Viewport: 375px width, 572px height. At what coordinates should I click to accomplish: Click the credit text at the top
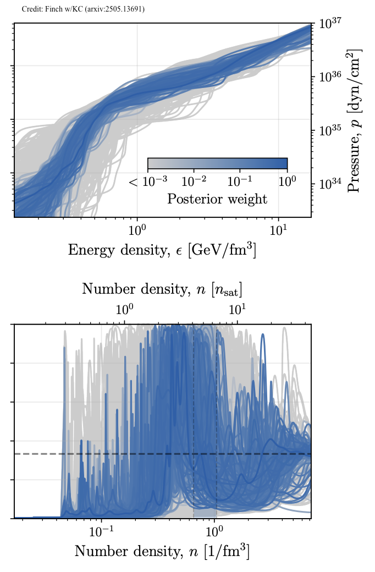coord(83,9)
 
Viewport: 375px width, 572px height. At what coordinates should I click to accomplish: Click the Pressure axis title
coord(355,120)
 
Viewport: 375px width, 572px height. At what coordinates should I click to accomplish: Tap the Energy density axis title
coord(162,250)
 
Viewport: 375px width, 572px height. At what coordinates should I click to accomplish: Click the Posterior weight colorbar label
coord(217,199)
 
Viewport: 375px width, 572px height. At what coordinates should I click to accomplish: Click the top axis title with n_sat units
coord(162,289)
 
